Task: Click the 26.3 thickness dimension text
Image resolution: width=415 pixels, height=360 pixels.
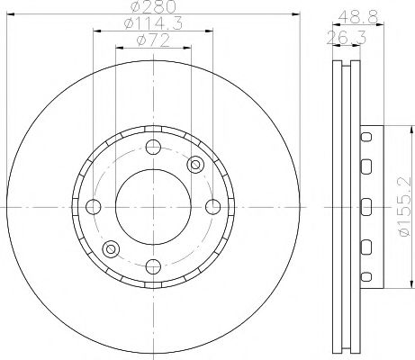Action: click(339, 36)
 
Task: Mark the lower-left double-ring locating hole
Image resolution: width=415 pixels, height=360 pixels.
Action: click(111, 247)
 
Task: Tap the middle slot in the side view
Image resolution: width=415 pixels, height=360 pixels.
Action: click(366, 204)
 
